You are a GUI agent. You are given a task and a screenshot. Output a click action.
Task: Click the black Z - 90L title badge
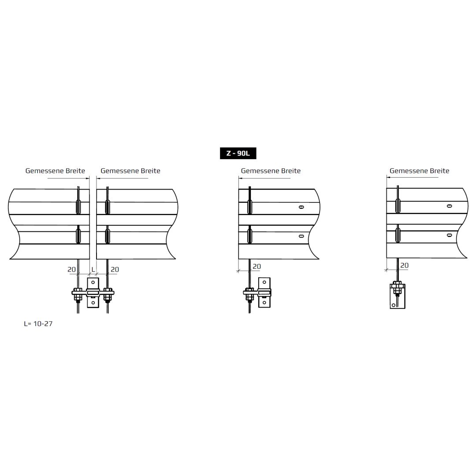pos(238,153)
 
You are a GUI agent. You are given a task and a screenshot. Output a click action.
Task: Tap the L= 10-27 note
pos(38,324)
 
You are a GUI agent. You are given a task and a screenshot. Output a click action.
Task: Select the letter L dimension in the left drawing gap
pos(93,269)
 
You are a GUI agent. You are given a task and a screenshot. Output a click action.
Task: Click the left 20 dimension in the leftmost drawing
pos(72,269)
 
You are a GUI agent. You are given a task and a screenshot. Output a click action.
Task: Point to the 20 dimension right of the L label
pos(115,269)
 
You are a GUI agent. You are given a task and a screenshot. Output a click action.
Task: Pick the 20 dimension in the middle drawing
pos(257,266)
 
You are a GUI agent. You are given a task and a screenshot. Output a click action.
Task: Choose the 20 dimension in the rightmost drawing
pos(404,265)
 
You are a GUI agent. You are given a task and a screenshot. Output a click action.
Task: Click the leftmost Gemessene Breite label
pos(55,171)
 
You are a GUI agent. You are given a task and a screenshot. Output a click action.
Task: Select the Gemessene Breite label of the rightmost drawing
pos(419,171)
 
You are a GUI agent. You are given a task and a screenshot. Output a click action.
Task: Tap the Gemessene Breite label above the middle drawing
pos(271,171)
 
